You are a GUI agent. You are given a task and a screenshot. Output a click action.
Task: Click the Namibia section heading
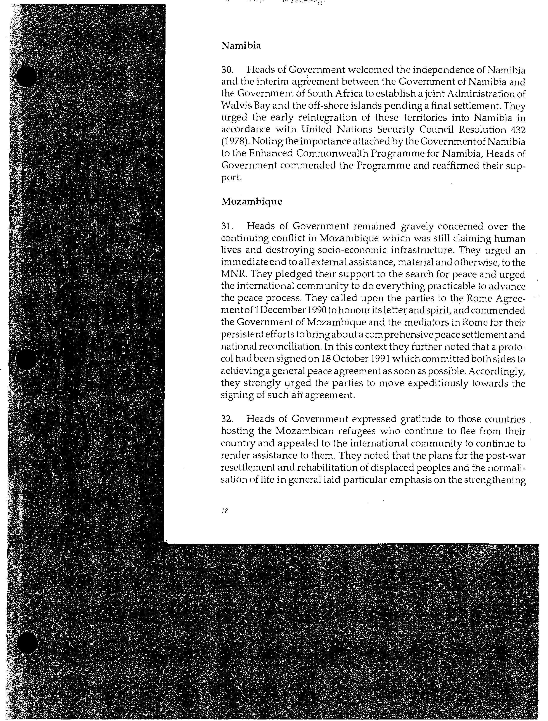tap(241, 46)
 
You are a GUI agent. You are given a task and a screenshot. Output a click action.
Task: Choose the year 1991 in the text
tap(380, 359)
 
